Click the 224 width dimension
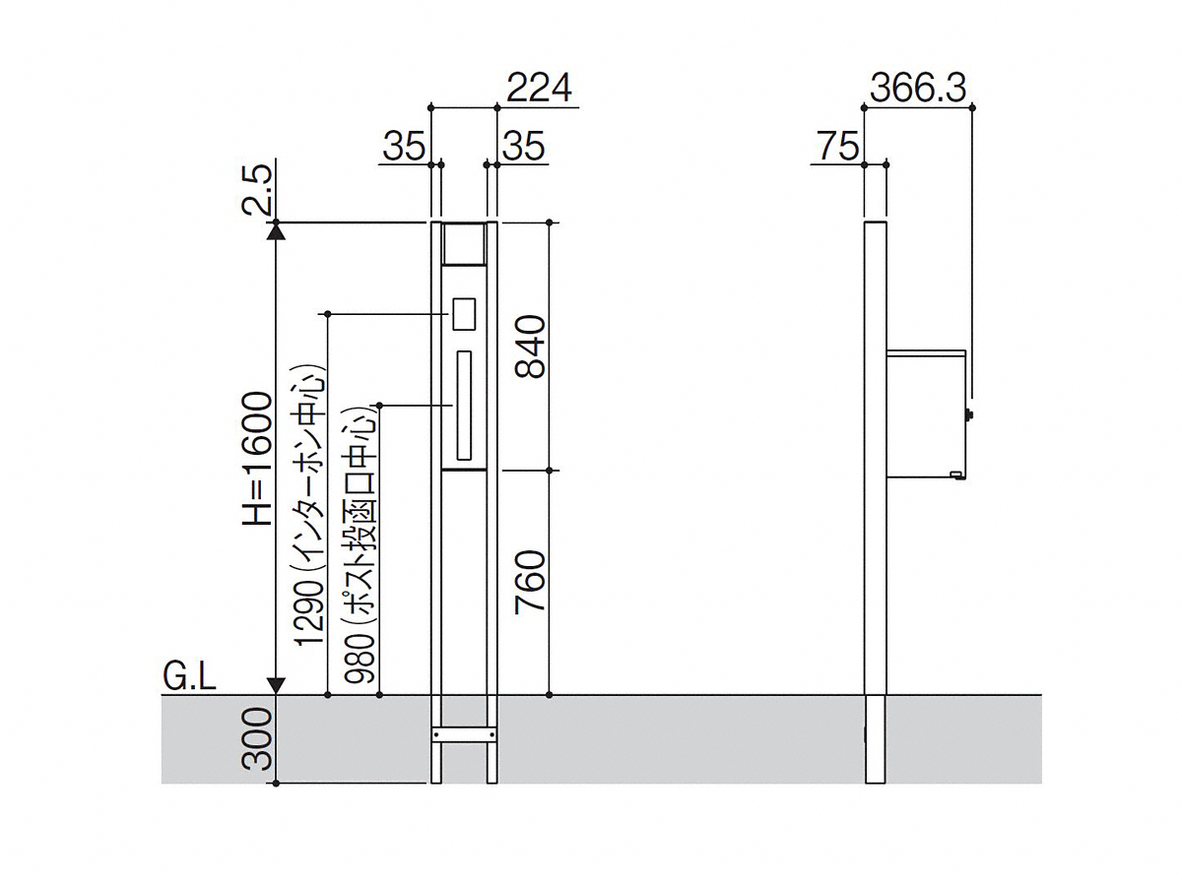539,89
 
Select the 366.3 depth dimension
918,89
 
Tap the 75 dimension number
838,146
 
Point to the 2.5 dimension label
258,189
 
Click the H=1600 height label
258,458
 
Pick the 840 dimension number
530,347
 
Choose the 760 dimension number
530,582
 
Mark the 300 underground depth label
258,738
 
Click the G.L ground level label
189,678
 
